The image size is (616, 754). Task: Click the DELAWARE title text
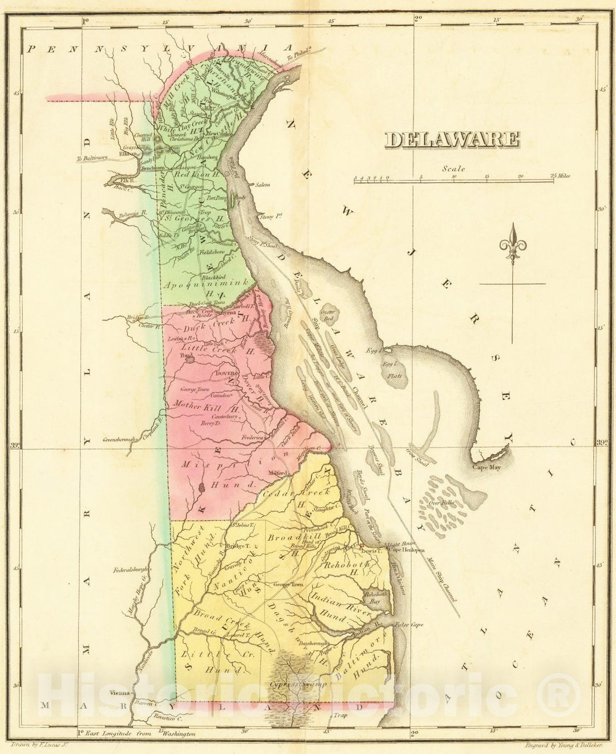(452, 139)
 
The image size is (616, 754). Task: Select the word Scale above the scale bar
(453, 168)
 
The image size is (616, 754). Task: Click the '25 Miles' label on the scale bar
(561, 176)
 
